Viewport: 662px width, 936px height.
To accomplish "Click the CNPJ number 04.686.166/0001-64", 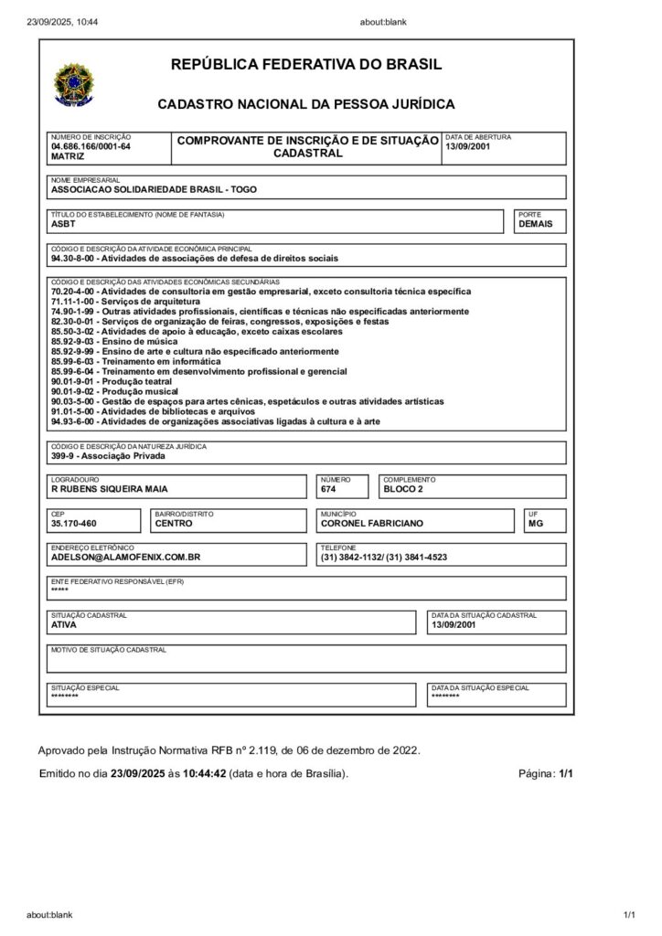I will click(91, 146).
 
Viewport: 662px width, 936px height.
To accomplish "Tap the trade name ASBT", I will click(63, 224).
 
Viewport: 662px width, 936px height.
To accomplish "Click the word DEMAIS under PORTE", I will click(535, 224).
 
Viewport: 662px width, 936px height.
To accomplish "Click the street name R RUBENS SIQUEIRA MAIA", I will click(110, 489).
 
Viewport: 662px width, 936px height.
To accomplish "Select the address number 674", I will click(328, 489).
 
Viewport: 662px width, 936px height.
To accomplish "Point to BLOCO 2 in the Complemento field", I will click(403, 489).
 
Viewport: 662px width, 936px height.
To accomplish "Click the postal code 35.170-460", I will click(74, 524).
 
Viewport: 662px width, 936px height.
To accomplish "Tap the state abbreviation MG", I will click(535, 524).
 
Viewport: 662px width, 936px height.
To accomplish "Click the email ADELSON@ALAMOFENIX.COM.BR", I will click(126, 557).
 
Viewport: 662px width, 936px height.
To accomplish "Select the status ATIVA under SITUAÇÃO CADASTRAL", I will click(64, 626).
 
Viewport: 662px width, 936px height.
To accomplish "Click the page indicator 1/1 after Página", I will click(565, 773).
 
